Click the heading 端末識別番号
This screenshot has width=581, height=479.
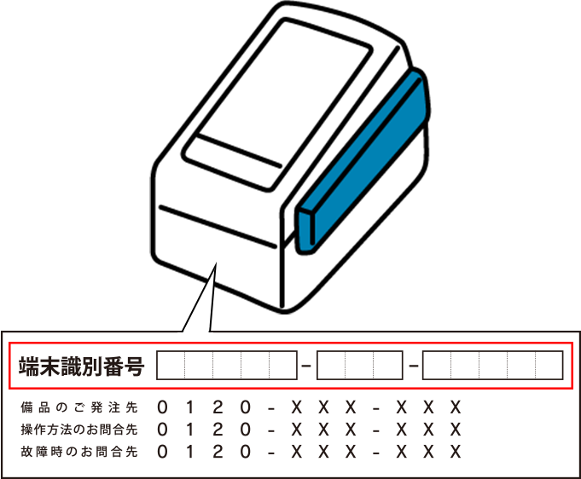tap(82, 366)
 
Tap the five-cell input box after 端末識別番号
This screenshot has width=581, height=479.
tap(227, 366)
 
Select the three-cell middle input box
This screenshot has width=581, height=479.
tap(359, 366)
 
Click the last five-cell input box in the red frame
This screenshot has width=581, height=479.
tap(493, 366)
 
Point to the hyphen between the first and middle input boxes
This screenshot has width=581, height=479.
tap(306, 366)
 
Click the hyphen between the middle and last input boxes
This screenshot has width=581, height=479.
tap(413, 366)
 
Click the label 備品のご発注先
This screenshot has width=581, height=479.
tap(79, 407)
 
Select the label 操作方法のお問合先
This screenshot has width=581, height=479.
tap(79, 430)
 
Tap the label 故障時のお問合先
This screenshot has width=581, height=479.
tap(79, 452)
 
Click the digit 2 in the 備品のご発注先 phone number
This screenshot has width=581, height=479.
tap(218, 407)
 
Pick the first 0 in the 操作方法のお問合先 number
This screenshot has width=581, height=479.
tap(162, 430)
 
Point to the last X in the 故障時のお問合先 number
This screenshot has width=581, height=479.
tap(456, 452)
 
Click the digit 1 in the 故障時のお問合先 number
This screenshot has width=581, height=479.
tap(189, 452)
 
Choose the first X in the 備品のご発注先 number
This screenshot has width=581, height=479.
tap(296, 407)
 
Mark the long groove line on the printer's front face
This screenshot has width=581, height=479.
tap(218, 226)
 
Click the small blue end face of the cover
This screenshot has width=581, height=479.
tap(306, 231)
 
